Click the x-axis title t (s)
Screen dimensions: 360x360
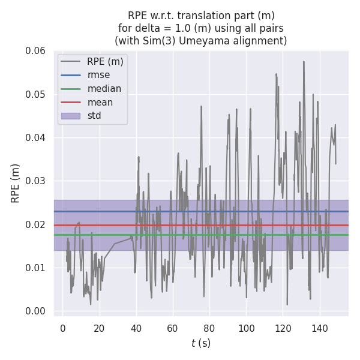click(200, 343)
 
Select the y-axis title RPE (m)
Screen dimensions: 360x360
click(15, 183)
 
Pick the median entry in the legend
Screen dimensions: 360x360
click(104, 89)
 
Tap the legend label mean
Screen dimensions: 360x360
click(100, 102)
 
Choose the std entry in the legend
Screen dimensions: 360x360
click(94, 116)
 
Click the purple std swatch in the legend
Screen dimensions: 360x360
click(70, 116)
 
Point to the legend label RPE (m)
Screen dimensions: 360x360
click(105, 61)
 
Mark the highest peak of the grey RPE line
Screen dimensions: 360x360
click(304, 61)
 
